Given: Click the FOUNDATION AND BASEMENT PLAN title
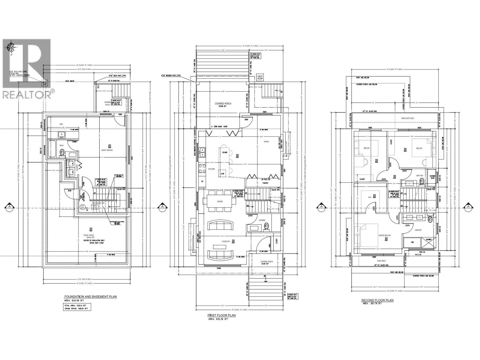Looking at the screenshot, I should (90, 296).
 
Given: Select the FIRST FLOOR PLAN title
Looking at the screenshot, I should (222, 315).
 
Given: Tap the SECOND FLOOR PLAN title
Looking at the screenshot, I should (377, 300).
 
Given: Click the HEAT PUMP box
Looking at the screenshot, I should (260, 77).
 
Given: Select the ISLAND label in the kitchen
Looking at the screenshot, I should (225, 152).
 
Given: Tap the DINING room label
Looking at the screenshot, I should (220, 202).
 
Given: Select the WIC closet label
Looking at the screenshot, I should (370, 197).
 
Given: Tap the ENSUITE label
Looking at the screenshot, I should (418, 230).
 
